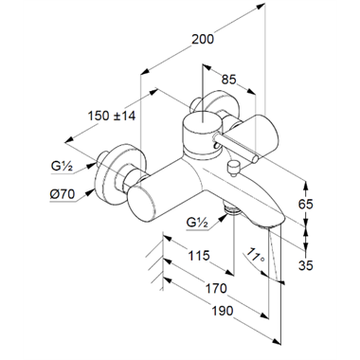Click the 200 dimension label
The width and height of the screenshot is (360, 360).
(203, 39)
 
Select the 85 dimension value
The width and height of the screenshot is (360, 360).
(228, 80)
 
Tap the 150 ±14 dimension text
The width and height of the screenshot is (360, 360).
(112, 116)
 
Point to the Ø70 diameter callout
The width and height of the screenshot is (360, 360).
(63, 194)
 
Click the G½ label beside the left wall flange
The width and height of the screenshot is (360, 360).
(62, 166)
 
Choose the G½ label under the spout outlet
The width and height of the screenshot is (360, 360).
(197, 223)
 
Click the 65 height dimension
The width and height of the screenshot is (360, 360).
(306, 205)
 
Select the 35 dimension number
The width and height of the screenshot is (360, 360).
(306, 265)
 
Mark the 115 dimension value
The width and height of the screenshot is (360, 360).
(199, 256)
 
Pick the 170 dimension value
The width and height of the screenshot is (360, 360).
(216, 288)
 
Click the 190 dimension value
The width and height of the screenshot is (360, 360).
(223, 311)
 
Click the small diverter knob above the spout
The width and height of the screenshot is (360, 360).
(234, 169)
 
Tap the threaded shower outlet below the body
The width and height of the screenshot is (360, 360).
(232, 209)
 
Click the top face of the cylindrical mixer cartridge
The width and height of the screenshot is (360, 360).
(203, 121)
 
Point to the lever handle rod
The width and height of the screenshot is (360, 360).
(236, 148)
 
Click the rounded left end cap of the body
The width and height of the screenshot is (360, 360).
(142, 202)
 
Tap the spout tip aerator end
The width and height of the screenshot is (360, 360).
(269, 225)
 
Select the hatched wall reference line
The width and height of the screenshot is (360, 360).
(162, 261)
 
